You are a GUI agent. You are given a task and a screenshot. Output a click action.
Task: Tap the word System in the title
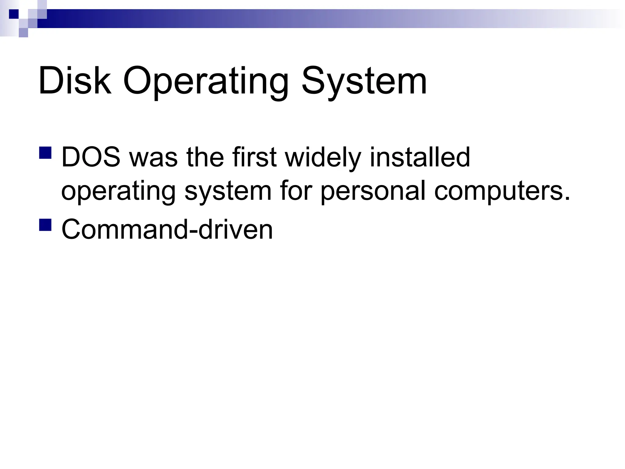tap(364, 82)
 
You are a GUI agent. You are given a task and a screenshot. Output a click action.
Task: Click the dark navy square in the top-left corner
tap(14, 14)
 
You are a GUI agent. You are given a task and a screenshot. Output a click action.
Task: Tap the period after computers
tap(567, 198)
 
